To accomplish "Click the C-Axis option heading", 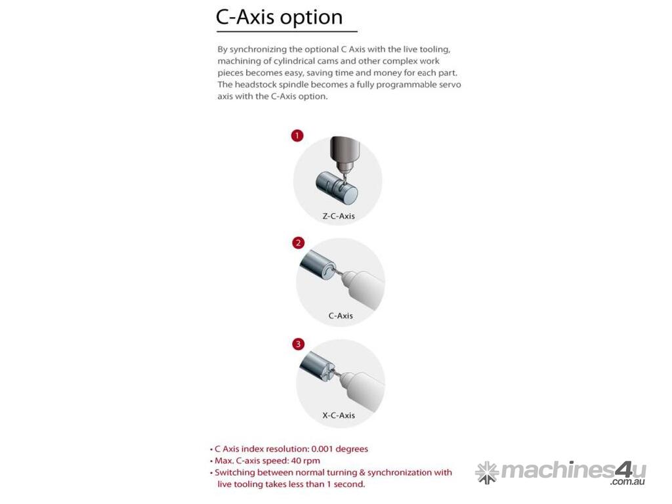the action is point(279,18).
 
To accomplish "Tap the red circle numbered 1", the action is point(297,136).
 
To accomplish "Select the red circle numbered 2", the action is point(298,243).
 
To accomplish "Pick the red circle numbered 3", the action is point(298,344).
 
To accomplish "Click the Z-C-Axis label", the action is point(339,217).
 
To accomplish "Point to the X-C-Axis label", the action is point(339,415).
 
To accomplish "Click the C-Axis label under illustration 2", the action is point(341,316).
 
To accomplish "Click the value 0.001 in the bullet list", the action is point(322,449).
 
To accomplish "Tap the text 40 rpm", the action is point(306,461).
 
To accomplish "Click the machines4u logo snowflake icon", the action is point(488,472).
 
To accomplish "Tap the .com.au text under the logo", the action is point(627,482).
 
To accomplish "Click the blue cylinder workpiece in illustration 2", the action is point(317,265).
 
